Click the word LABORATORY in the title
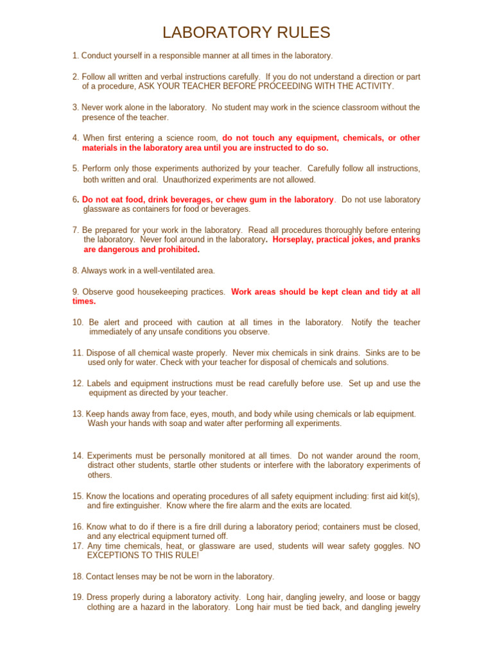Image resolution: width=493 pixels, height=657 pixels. tap(212, 33)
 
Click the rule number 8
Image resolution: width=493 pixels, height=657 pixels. tap(76, 271)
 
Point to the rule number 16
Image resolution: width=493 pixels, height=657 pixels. tap(78, 526)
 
